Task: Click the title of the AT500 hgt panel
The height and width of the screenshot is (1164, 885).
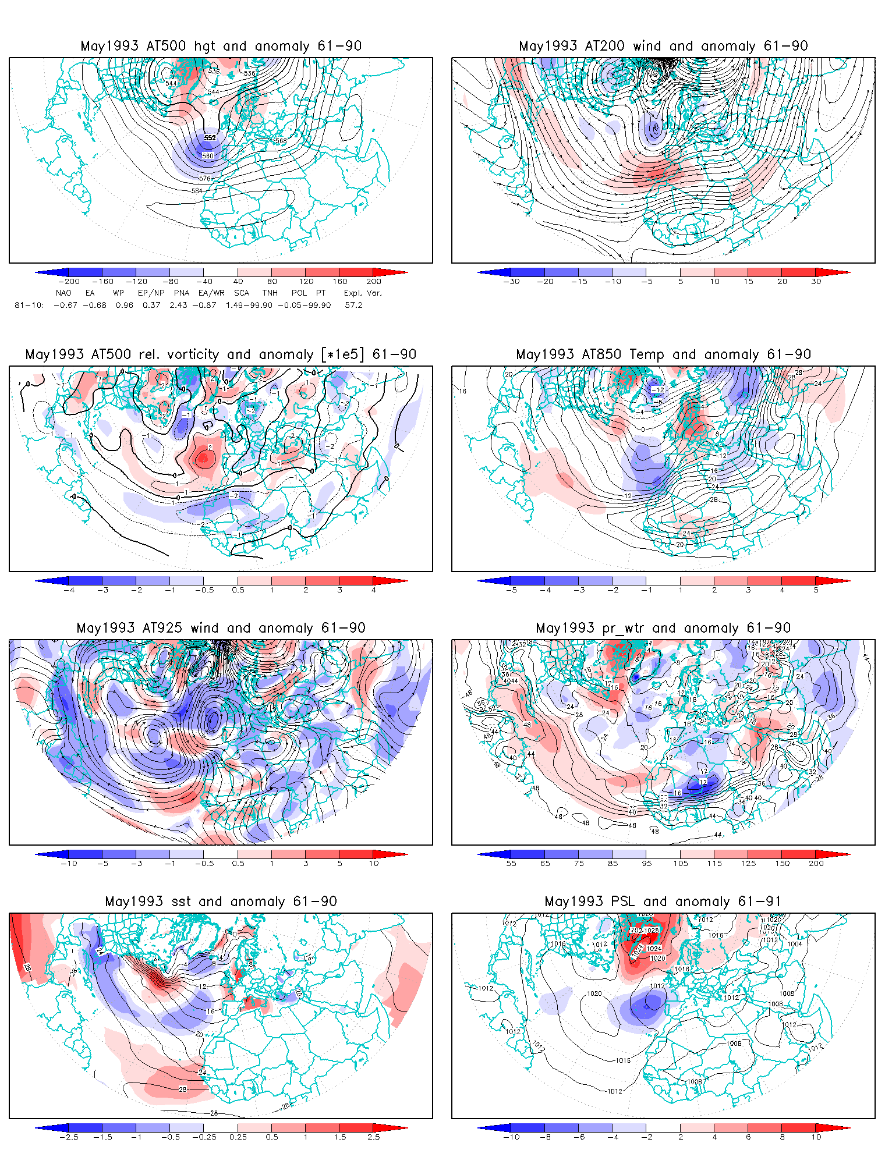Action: tap(221, 46)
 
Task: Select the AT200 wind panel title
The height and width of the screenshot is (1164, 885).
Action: tap(663, 46)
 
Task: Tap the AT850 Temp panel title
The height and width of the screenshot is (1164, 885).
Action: tap(663, 354)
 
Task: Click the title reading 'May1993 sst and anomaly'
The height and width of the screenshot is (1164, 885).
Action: tap(221, 902)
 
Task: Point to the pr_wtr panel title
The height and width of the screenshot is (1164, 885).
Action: tap(663, 628)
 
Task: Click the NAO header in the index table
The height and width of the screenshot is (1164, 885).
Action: tap(63, 293)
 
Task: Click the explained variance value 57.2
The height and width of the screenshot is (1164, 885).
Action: tap(353, 305)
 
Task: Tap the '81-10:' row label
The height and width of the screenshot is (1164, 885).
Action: tap(29, 305)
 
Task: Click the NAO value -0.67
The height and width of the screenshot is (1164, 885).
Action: tap(65, 305)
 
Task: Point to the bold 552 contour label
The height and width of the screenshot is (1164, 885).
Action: tap(210, 138)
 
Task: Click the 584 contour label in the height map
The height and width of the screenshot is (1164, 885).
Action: tap(197, 191)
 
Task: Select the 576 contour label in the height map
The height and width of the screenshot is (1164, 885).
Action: tap(204, 179)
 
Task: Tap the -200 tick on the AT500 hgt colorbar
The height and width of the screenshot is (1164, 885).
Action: tap(69, 282)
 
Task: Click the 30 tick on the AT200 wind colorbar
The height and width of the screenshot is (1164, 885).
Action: tap(816, 282)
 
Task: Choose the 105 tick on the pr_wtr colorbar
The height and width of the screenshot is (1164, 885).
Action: tap(681, 864)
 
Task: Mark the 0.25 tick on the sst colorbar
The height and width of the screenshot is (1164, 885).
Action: tap(238, 1137)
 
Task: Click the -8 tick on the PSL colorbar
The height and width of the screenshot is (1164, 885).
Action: tap(545, 1137)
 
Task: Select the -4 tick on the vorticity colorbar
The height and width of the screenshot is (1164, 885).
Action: tap(69, 590)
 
